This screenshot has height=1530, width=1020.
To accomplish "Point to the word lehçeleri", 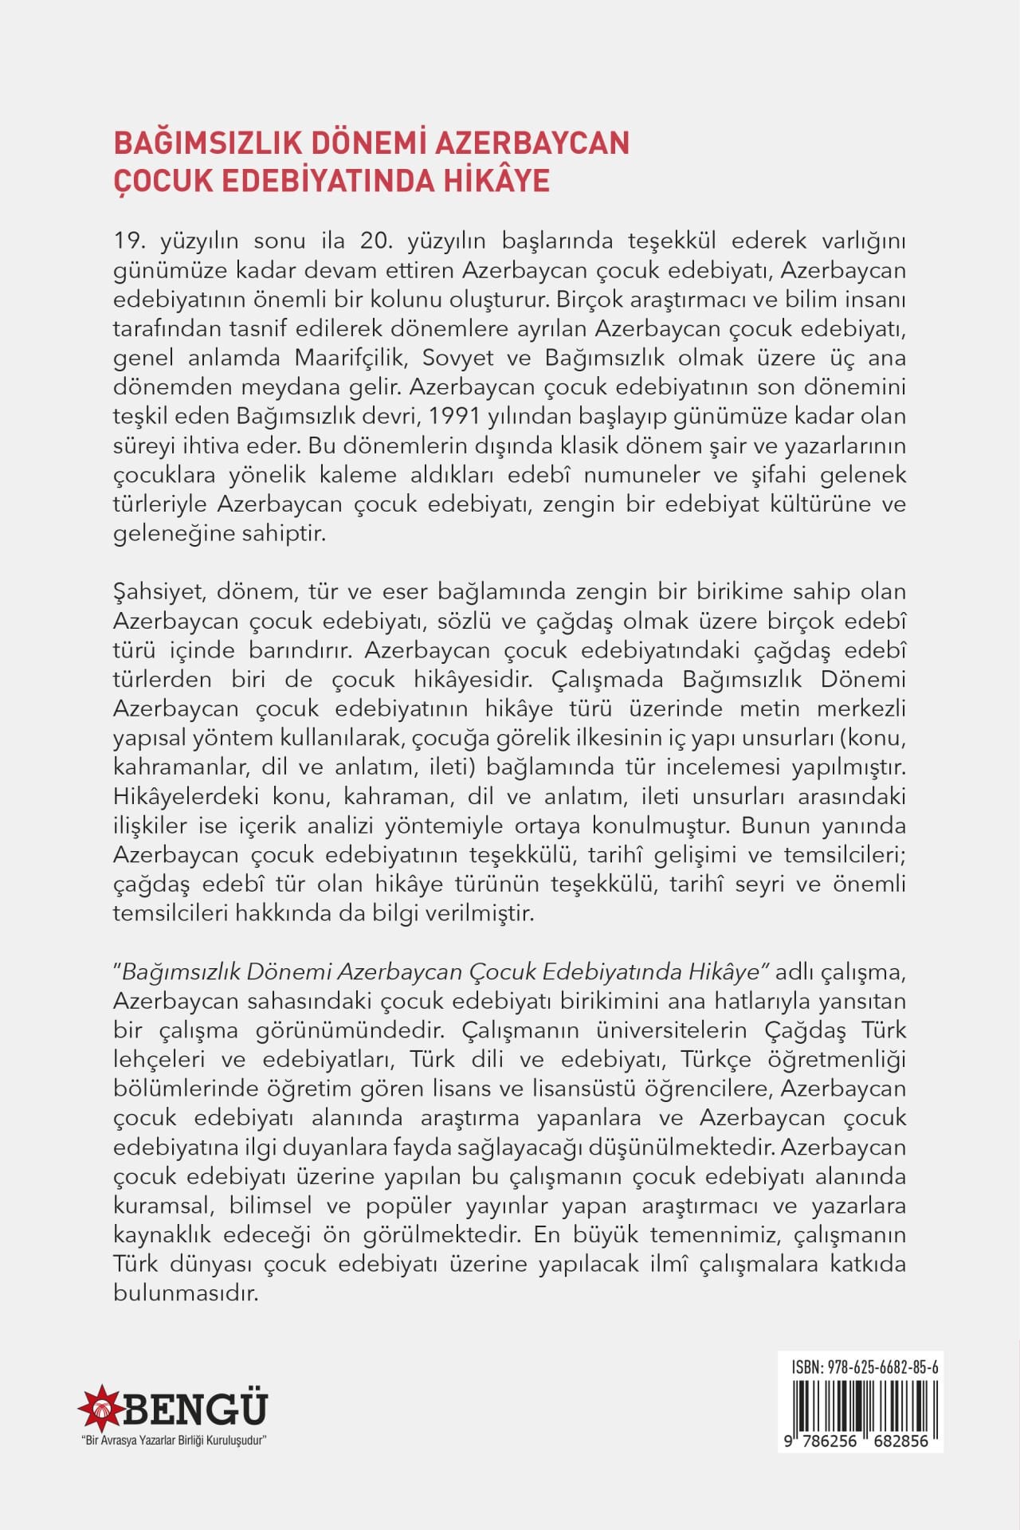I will (159, 1060).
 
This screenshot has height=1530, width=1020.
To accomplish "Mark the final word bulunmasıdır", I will (186, 1293).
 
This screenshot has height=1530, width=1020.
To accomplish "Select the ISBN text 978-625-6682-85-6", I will (883, 1367).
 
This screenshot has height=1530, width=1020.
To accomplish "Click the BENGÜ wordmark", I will (194, 1409).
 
